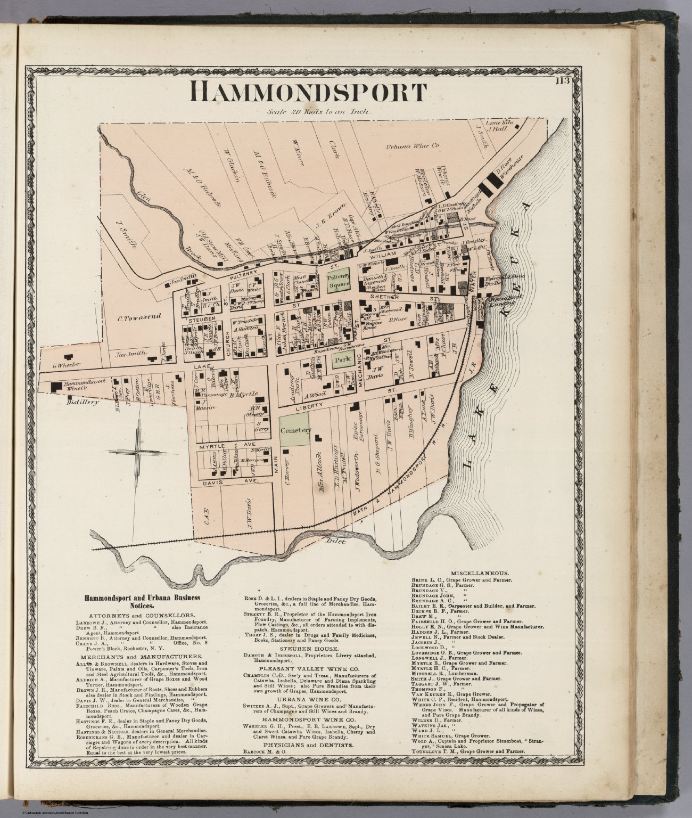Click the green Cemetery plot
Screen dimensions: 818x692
point(294,430)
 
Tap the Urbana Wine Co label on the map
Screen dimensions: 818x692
point(412,145)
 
